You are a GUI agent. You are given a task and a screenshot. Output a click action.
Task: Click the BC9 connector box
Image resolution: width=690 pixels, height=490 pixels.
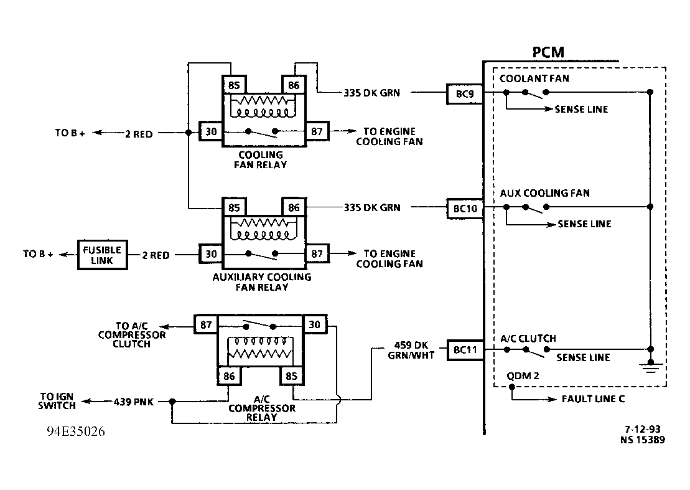point(464,93)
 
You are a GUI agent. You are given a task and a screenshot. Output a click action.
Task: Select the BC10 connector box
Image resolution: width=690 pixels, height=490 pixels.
point(465,209)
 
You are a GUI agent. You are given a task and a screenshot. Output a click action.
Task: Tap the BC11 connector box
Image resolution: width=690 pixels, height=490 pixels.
point(465,351)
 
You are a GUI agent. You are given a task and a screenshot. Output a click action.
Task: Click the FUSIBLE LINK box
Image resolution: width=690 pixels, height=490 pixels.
point(102,255)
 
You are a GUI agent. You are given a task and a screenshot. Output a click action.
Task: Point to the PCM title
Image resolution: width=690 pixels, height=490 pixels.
point(548,52)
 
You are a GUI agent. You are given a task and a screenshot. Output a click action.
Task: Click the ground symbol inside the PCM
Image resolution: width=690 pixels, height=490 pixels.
point(650,367)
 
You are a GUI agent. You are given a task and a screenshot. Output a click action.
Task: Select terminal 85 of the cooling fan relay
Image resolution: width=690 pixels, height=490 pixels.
point(234,84)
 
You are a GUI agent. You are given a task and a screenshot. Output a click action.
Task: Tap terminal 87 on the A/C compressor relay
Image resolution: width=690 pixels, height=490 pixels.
point(206,324)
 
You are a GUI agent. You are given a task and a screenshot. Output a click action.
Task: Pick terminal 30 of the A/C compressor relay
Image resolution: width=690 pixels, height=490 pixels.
point(314,324)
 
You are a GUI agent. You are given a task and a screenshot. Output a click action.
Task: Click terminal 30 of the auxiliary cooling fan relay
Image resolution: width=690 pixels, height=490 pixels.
point(211,255)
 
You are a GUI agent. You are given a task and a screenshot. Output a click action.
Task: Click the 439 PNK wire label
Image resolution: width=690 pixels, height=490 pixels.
point(133,402)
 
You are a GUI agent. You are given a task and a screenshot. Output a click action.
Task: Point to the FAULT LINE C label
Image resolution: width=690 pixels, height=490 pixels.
point(593,399)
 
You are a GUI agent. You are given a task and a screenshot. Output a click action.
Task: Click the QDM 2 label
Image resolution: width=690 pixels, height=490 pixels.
point(523,376)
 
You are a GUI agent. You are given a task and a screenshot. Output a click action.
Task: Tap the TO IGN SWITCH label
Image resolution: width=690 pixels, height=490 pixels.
point(58,402)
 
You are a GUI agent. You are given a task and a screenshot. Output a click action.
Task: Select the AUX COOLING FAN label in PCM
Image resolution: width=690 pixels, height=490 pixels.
point(544,193)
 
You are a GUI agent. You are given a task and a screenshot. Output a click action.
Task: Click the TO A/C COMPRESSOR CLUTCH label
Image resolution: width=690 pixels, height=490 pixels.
point(132,335)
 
